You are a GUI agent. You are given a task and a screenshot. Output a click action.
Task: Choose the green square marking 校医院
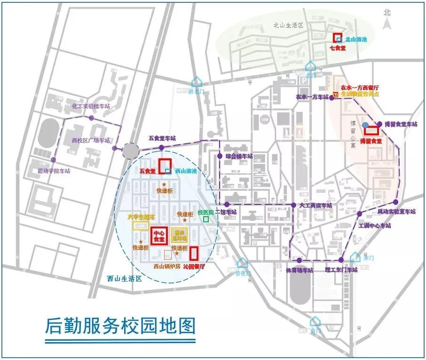tap(205, 219)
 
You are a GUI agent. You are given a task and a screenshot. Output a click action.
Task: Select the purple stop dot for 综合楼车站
tap(220, 156)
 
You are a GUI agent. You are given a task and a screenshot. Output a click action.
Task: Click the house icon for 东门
tap(356, 257)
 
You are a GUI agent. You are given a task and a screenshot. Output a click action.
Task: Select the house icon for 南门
tap(315, 321)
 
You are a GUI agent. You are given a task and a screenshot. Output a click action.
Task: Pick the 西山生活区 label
tap(124, 278)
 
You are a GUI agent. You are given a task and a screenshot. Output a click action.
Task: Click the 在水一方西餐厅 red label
tap(361, 87)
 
